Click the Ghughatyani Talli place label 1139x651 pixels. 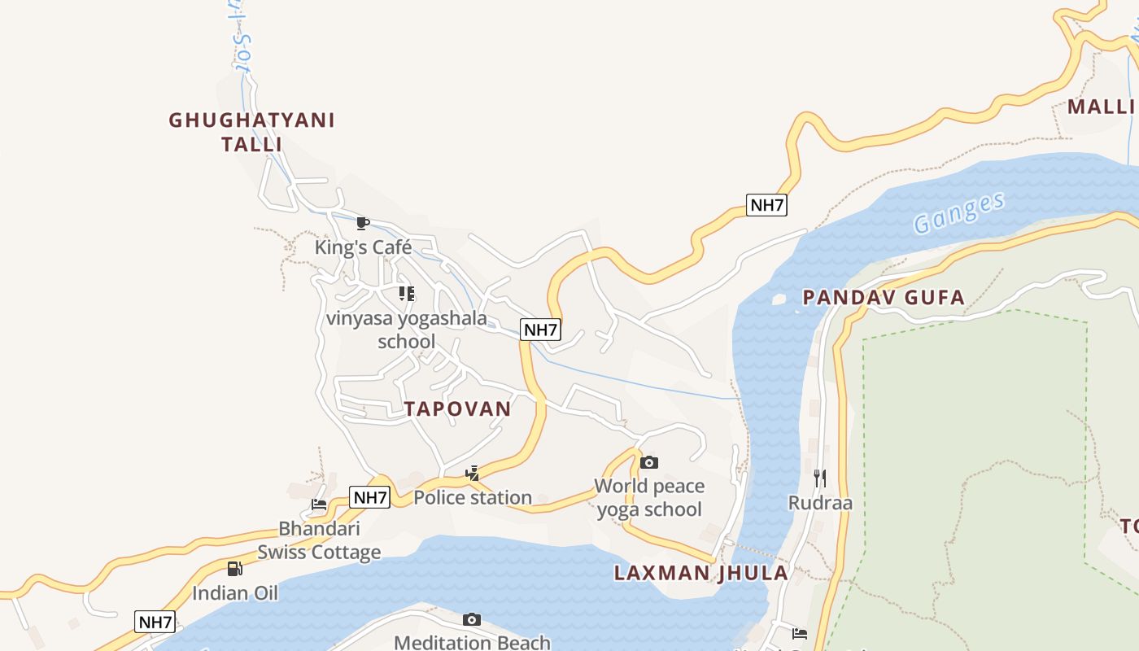point(251,132)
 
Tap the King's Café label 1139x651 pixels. point(364,247)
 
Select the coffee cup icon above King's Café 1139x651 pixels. point(363,223)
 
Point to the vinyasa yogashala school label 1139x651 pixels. point(406,330)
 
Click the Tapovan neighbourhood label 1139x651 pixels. point(458,409)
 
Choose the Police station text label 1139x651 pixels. point(473,497)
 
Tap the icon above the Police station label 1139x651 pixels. point(472,473)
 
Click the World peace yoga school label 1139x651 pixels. point(649,497)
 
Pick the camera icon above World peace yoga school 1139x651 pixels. point(648,462)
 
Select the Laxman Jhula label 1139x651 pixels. point(700,573)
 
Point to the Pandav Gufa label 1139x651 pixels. point(884,297)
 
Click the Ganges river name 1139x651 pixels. point(958,213)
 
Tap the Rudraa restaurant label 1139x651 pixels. point(820,502)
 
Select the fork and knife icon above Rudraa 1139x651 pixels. point(820,478)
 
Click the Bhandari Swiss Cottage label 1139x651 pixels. point(319,540)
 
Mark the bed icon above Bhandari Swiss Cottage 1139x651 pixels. point(319,505)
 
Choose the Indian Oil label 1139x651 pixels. point(235,592)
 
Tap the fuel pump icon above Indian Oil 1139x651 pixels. point(234,569)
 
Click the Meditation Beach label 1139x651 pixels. point(472,643)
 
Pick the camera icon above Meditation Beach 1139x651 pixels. point(472,620)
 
